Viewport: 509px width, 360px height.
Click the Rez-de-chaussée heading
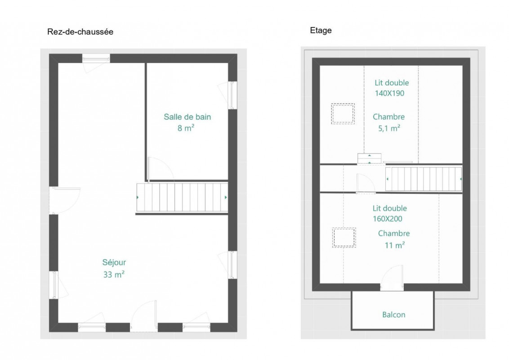80,31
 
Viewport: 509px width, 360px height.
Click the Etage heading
321,31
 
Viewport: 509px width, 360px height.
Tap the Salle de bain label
188,117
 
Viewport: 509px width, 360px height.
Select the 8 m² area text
186,128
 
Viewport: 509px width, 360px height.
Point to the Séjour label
114,262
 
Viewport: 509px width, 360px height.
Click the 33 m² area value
114,274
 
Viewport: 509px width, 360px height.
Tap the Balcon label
394,315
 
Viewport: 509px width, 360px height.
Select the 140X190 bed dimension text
389,93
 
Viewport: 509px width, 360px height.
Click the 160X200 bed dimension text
387,219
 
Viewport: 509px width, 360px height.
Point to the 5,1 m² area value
389,128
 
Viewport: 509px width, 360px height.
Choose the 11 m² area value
395,245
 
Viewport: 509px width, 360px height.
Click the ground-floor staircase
182,197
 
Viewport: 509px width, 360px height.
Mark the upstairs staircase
424,179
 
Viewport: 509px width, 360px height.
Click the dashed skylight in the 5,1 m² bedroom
343,114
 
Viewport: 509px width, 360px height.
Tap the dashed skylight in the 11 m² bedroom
344,238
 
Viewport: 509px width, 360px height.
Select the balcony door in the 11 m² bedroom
392,278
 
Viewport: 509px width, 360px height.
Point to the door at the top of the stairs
366,184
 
